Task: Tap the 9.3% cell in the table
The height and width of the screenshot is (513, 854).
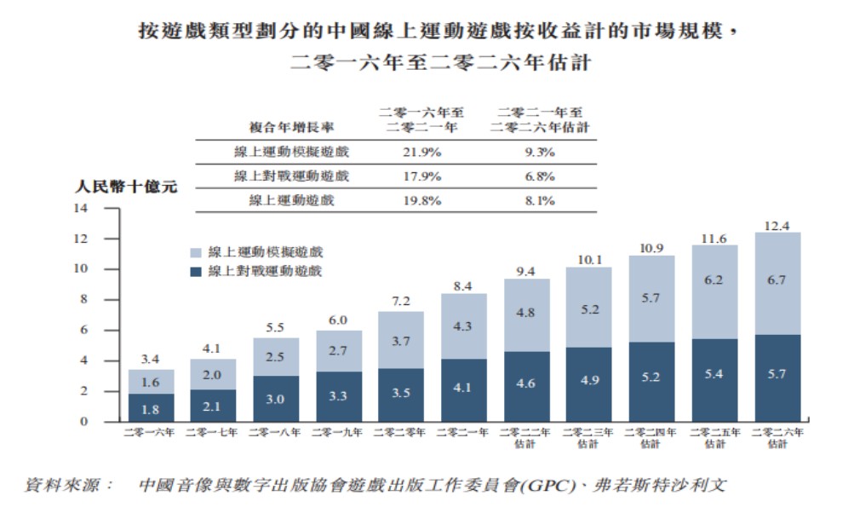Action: tap(539, 152)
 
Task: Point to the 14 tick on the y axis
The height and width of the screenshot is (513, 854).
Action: tap(83, 208)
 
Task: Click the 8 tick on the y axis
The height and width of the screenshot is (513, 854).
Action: tap(84, 299)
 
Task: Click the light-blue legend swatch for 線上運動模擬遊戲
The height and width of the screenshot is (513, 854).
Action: tap(195, 253)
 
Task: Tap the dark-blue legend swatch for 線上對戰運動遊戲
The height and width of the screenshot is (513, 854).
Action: tap(195, 272)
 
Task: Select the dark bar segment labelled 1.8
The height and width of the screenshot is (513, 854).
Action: tap(151, 407)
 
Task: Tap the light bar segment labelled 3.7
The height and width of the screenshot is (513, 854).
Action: tap(400, 340)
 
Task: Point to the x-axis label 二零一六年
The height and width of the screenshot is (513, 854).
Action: tap(151, 433)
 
